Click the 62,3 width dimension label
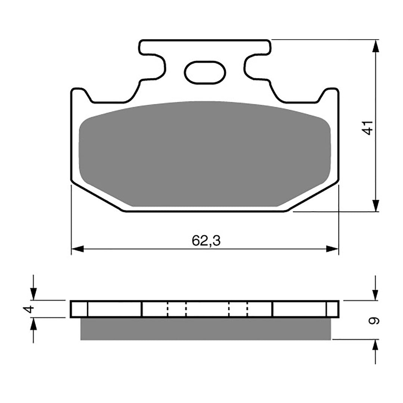[206, 241]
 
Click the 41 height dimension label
[368, 128]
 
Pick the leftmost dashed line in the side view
[168, 309]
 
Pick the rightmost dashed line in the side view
[247, 309]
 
